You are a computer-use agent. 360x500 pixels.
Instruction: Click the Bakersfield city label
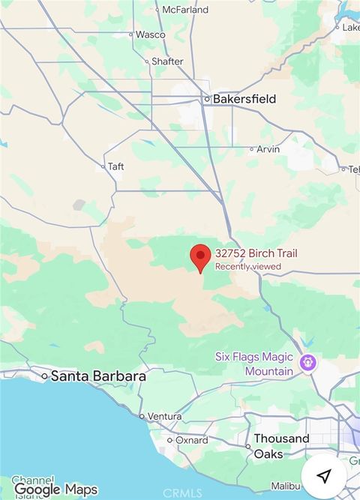point(244,99)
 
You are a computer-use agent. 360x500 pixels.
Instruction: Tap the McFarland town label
point(184,10)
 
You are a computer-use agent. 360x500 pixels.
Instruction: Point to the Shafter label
point(167,61)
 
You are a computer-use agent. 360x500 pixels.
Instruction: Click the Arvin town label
point(268,149)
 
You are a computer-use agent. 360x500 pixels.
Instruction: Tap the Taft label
point(115,166)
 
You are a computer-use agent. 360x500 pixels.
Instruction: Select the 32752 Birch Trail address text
point(256,253)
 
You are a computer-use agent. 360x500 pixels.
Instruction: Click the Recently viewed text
point(248,266)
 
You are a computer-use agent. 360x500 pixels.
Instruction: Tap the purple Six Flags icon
point(307,364)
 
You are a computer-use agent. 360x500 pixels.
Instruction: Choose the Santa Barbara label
point(98,376)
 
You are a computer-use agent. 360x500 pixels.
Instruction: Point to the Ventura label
point(164,416)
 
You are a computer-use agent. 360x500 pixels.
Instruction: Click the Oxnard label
point(191,441)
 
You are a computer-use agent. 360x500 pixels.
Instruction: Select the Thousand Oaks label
point(281,446)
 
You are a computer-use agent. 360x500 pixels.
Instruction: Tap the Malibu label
point(285,487)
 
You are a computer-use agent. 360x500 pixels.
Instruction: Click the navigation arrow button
point(324,476)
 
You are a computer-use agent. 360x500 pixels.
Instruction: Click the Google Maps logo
point(55,490)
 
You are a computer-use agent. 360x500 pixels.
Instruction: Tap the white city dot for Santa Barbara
point(44,376)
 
